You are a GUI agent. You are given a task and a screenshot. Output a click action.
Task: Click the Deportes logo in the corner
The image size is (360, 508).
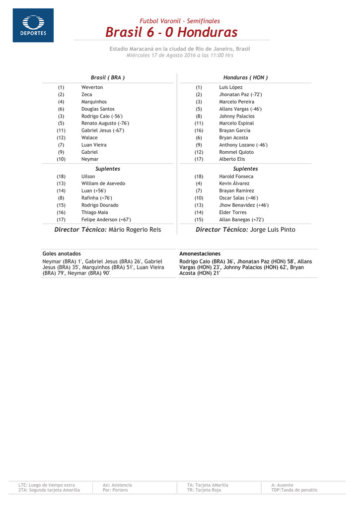pyautogui.click(x=33, y=25)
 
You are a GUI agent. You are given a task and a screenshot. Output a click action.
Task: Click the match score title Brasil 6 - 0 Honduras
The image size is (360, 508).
pyautogui.click(x=171, y=33)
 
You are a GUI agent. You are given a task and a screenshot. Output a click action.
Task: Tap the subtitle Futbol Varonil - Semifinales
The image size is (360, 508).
pyautogui.click(x=180, y=21)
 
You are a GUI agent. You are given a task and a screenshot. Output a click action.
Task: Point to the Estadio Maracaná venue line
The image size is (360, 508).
pyautogui.click(x=180, y=49)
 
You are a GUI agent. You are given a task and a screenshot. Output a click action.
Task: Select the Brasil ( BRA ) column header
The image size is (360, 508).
pyautogui.click(x=107, y=77)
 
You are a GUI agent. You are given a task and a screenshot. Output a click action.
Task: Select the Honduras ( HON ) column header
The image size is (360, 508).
pyautogui.click(x=245, y=77)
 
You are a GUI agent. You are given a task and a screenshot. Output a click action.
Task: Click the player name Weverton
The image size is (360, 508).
pyautogui.click(x=92, y=87)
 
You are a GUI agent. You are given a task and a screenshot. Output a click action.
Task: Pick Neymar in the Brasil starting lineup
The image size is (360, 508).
pyautogui.click(x=90, y=159)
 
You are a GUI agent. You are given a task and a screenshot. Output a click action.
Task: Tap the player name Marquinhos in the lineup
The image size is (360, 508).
pyautogui.click(x=94, y=102)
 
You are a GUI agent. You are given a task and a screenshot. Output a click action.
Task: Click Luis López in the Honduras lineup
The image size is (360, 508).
pyautogui.click(x=231, y=87)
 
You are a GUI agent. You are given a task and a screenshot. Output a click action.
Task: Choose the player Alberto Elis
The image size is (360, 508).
pyautogui.click(x=232, y=159)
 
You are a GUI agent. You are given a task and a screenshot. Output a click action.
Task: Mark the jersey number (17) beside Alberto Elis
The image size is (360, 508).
pyautogui.click(x=199, y=159)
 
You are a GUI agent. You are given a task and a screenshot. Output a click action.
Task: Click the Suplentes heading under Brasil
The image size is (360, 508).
pyautogui.click(x=107, y=169)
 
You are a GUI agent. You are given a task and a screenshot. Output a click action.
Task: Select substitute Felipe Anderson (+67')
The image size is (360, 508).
pyautogui.click(x=106, y=219)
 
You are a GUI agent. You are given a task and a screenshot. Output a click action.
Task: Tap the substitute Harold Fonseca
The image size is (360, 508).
pyautogui.click(x=236, y=176)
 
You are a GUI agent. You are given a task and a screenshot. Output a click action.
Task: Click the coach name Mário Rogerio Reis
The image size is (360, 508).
pyautogui.click(x=135, y=230)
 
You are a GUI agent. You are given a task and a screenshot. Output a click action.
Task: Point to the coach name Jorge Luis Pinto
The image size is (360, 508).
pyautogui.click(x=273, y=230)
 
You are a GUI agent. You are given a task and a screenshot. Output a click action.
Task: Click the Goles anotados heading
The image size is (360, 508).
pyautogui.click(x=62, y=254)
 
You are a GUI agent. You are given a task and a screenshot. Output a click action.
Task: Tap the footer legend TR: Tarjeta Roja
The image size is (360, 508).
pyautogui.click(x=204, y=490)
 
